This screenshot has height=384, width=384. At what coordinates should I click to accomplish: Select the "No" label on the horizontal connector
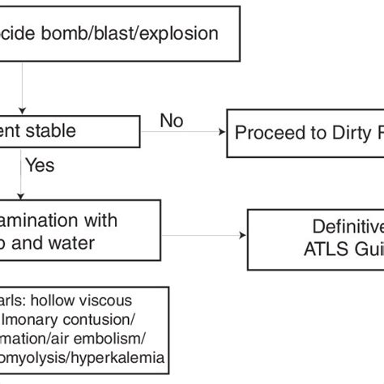pos(172,121)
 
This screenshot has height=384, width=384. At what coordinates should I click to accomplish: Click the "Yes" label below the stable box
pos(40,166)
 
